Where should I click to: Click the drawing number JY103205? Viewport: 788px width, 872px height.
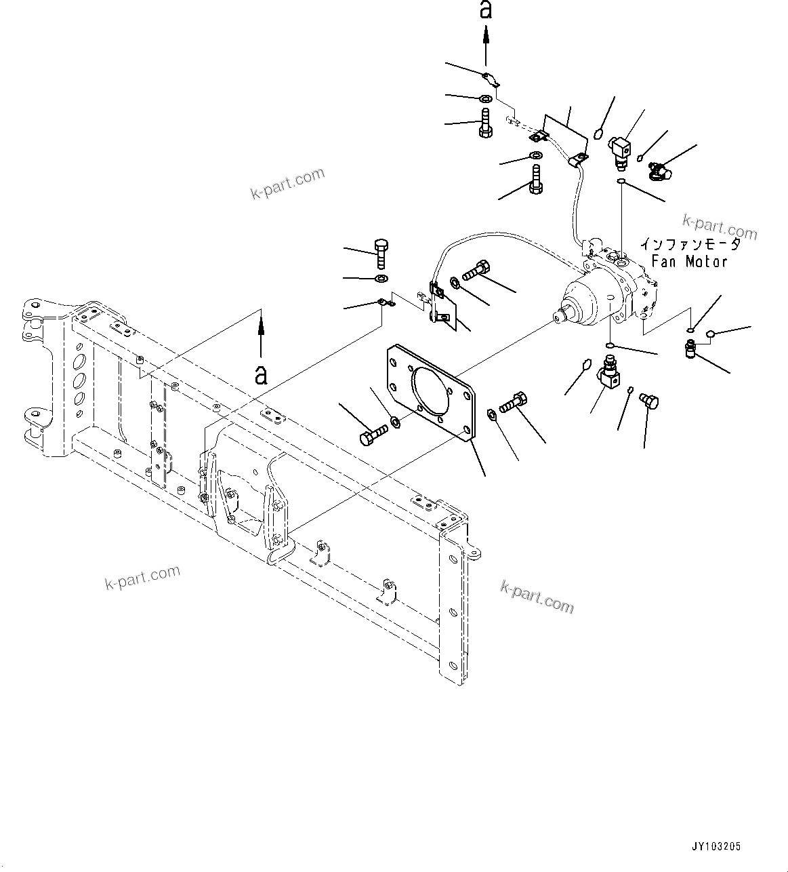[x=716, y=847]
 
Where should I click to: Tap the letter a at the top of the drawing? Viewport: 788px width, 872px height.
[x=485, y=10]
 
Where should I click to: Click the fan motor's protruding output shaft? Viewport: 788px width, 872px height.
[x=561, y=315]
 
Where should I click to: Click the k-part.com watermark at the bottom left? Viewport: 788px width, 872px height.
[x=143, y=578]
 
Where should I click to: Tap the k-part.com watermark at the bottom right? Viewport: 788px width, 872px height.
[x=537, y=596]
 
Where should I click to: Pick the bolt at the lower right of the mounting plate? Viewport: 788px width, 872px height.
[x=514, y=403]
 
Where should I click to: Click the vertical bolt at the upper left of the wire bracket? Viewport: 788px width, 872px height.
[x=381, y=255]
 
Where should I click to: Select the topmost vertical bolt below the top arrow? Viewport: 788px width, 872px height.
[x=486, y=124]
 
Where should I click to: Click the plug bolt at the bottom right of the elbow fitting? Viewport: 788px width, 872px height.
[x=649, y=403]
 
